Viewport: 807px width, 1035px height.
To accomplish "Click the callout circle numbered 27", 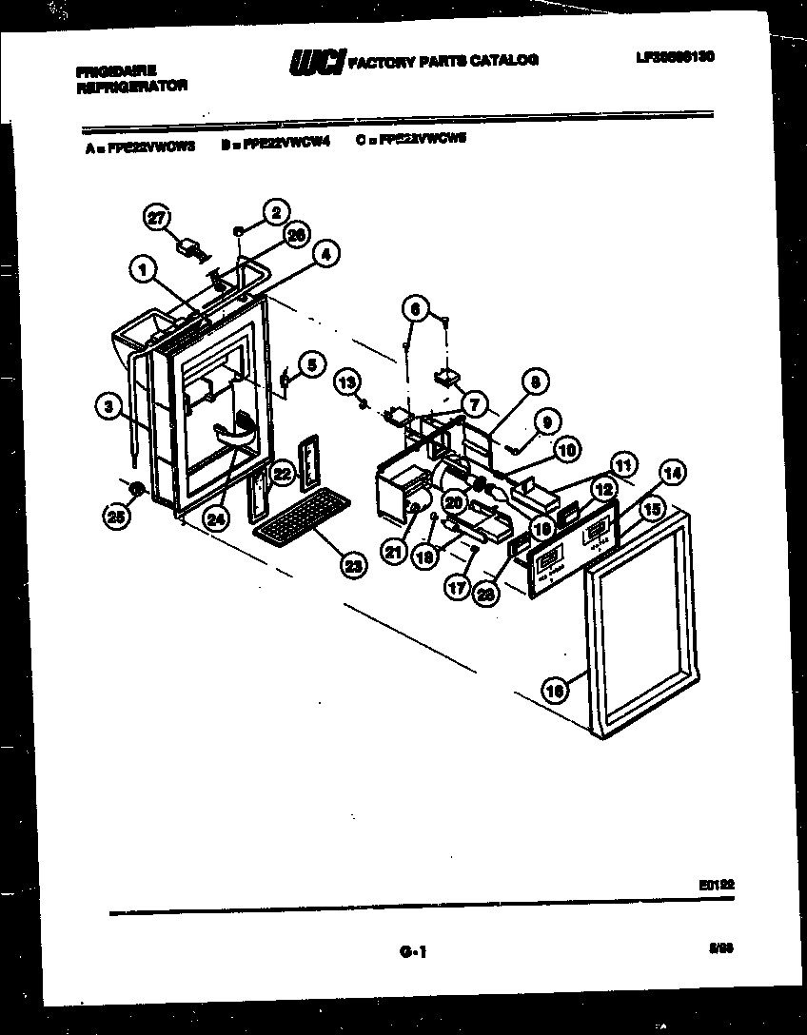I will click(x=156, y=217).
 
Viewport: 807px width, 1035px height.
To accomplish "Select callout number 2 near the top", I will click(x=275, y=211).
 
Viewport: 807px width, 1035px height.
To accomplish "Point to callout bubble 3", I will click(x=110, y=406).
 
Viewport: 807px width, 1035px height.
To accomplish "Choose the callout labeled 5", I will click(x=311, y=362).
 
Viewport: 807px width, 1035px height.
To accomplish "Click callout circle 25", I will click(x=116, y=517).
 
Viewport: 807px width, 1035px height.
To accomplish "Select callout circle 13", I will click(x=348, y=381).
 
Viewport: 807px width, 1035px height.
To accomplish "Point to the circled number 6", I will click(x=413, y=307).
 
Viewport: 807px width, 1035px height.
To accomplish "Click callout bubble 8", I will click(x=534, y=382).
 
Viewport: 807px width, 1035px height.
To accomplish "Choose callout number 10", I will click(x=567, y=450).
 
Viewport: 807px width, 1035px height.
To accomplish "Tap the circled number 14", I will click(x=672, y=471).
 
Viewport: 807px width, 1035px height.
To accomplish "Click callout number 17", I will click(x=458, y=588).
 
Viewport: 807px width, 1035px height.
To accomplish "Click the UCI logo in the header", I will click(x=317, y=61).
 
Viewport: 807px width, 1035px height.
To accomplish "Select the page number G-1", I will click(x=409, y=951).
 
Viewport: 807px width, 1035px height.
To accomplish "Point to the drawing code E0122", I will click(x=716, y=884).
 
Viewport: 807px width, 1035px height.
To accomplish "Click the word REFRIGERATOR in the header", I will click(x=130, y=85).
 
